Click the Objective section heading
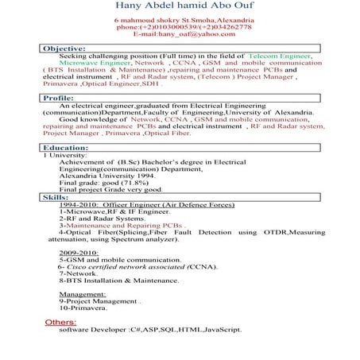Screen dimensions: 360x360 tap(65, 49)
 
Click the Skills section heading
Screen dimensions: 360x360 tap(55, 195)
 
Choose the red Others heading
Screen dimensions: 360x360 tap(61, 322)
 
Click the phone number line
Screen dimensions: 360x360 tap(179, 27)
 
